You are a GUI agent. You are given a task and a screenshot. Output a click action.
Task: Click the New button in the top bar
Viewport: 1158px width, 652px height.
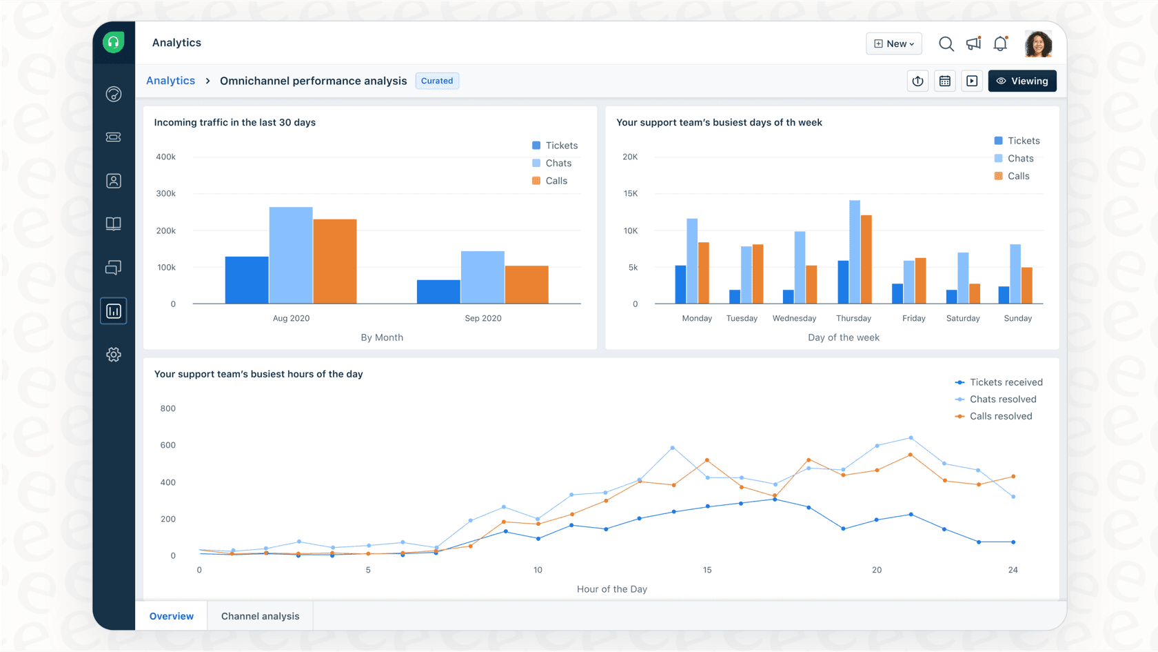click(893, 43)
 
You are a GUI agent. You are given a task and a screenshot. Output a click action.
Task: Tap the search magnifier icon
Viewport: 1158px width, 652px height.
click(946, 43)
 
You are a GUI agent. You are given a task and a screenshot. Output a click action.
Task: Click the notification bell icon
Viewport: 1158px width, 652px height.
click(1000, 43)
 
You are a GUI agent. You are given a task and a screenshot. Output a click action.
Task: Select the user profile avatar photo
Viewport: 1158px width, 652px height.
click(1038, 43)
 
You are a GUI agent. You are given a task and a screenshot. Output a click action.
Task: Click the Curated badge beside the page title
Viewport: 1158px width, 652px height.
click(437, 81)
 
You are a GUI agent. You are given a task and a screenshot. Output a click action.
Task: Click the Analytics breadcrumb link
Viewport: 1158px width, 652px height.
click(170, 81)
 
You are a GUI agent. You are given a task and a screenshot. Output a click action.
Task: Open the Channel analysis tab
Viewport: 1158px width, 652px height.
click(260, 616)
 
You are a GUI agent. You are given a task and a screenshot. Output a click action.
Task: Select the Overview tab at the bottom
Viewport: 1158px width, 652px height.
click(171, 616)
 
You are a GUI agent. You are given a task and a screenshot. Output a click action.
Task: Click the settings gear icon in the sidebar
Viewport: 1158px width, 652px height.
click(114, 355)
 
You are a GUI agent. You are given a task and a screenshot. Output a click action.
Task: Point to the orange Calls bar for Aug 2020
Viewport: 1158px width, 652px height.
click(335, 262)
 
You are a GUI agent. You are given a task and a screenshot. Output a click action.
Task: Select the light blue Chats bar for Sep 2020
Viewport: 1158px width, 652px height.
click(482, 277)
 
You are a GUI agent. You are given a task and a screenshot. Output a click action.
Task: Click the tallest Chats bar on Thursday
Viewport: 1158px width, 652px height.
click(855, 252)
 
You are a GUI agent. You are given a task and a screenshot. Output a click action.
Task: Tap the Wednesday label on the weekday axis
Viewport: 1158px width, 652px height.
click(794, 318)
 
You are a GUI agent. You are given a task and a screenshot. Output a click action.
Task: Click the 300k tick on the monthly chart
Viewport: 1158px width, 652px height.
click(165, 194)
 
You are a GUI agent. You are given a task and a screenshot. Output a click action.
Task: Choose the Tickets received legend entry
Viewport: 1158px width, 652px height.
click(999, 382)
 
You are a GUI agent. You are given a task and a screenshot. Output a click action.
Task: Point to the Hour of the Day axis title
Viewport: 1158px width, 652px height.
click(611, 589)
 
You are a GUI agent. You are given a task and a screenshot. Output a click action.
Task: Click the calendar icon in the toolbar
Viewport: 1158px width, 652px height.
click(944, 81)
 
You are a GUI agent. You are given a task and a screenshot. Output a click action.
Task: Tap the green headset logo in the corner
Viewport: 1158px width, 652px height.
click(114, 43)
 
